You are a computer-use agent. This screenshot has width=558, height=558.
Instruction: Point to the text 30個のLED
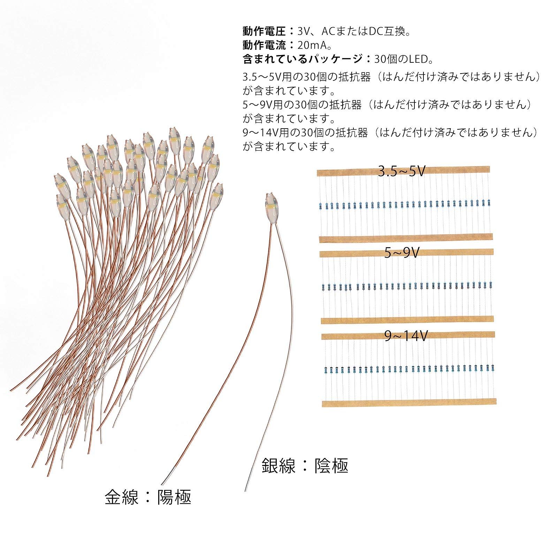tap(404, 59)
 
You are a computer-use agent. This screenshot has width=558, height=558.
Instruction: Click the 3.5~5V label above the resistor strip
tap(402, 171)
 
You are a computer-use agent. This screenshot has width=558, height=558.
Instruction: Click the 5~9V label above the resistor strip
tap(402, 253)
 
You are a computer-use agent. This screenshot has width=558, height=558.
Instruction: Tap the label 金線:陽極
tap(148, 497)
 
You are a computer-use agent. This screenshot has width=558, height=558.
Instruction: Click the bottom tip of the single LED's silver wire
tap(245, 491)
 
